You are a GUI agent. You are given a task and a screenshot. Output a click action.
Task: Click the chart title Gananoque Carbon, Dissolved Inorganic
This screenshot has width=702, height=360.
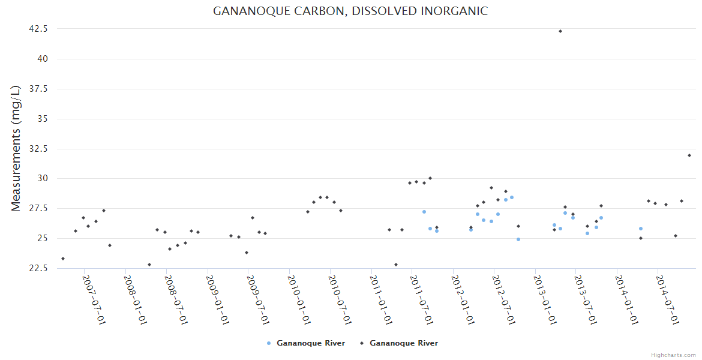(350, 11)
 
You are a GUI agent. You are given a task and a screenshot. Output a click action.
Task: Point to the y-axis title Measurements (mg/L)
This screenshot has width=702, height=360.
(16, 148)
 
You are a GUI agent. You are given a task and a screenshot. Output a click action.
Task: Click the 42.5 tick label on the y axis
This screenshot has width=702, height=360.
(38, 29)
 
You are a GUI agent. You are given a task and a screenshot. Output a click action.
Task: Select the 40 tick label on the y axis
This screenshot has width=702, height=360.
(43, 59)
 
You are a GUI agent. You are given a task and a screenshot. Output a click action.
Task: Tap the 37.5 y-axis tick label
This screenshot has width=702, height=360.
(38, 89)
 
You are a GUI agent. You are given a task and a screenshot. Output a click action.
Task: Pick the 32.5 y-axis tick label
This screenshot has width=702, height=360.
(38, 149)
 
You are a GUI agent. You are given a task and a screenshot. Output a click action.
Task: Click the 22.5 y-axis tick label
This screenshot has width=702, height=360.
(38, 268)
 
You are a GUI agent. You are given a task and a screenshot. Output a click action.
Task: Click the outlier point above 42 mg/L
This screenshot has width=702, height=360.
(560, 31)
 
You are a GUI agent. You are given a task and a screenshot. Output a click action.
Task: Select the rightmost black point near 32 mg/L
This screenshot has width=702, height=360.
(689, 155)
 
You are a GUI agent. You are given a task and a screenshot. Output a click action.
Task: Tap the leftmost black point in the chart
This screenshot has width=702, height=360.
(63, 259)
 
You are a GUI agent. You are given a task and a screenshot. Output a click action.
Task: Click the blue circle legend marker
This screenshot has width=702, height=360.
(269, 343)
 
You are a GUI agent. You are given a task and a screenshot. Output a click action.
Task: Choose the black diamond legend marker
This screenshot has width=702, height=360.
(362, 343)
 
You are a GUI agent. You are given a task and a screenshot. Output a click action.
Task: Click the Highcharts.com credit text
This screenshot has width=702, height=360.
(673, 355)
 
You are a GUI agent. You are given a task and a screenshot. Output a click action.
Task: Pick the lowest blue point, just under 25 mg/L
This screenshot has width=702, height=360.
(518, 239)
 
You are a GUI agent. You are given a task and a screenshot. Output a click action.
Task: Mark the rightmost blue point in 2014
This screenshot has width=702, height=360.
(641, 229)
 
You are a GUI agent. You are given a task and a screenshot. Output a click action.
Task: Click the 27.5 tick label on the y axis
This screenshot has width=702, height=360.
(38, 208)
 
